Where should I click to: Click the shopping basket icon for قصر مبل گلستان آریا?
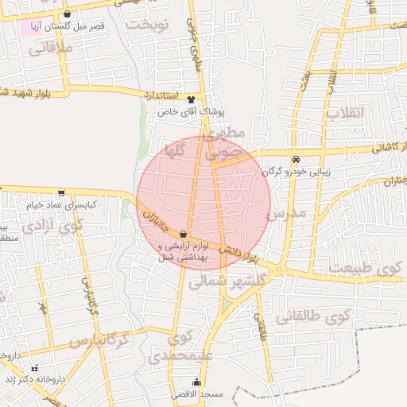[x=67, y=14]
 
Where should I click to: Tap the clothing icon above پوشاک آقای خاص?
[x=191, y=99]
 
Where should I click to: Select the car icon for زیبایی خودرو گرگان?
[x=297, y=158]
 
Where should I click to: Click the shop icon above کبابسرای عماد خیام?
[x=62, y=192]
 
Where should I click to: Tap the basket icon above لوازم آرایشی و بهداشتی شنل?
[x=184, y=235]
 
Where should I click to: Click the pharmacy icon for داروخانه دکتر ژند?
[x=34, y=368]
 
